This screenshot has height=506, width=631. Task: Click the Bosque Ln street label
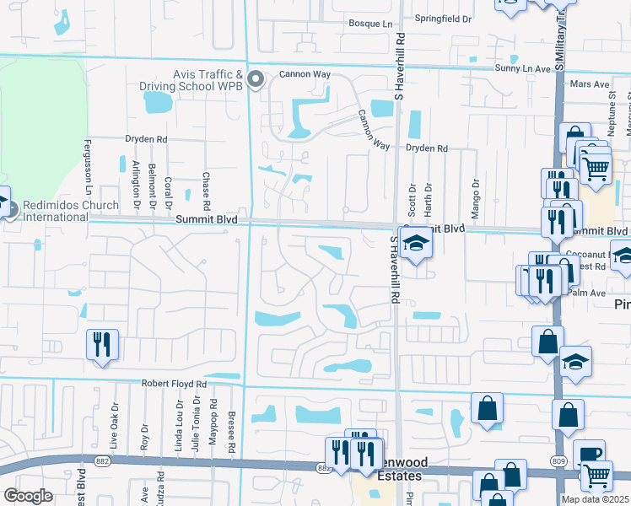coord(371,24)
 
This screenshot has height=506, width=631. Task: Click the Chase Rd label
coord(206,191)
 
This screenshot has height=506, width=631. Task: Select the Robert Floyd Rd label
coord(174,384)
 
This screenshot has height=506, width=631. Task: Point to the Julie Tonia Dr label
coord(195,427)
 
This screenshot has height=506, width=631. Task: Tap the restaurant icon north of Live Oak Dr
coord(103,344)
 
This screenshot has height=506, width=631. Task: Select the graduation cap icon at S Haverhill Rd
coord(414,245)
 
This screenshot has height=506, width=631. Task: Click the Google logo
coord(29,495)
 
